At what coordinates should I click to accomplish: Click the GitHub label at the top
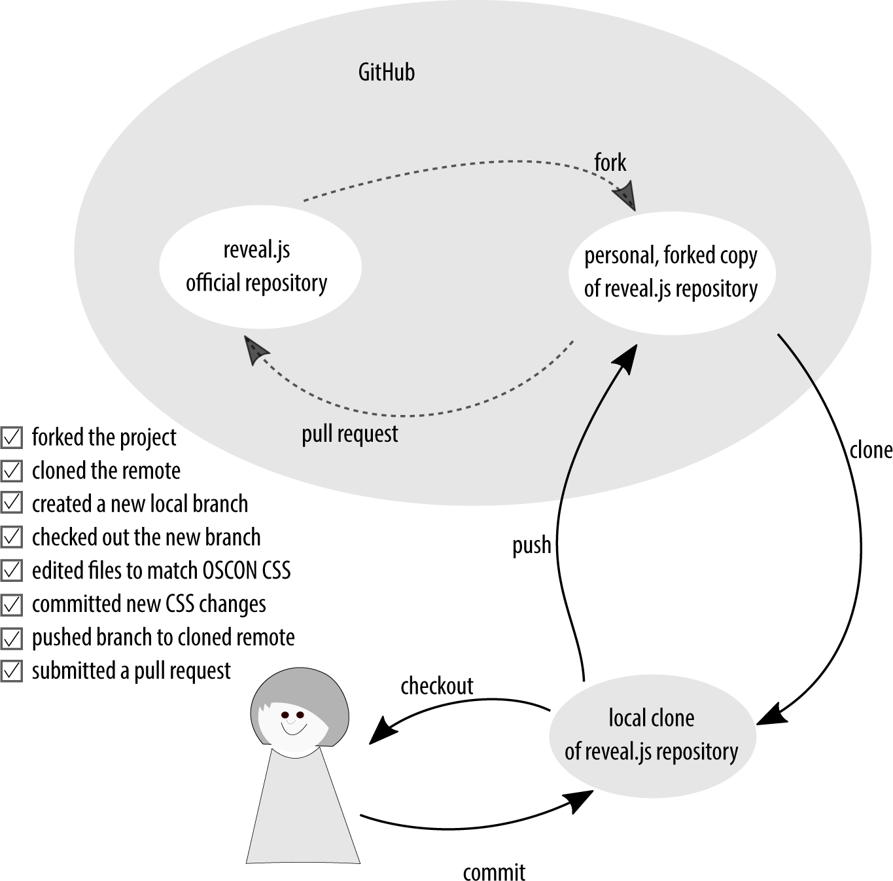coord(386,72)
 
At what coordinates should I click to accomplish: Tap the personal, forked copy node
coord(671,272)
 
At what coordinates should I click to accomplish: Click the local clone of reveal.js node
coord(652,735)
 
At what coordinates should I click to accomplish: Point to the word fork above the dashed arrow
coord(610,162)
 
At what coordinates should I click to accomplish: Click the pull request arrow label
coord(349,434)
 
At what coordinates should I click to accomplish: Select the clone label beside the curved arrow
coord(870,450)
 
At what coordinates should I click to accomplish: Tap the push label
coord(531,545)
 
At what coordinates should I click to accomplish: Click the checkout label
coord(436,686)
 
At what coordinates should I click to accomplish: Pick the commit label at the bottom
coord(494,871)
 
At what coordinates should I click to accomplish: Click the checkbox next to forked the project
coord(12,437)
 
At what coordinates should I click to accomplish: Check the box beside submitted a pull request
coord(12,671)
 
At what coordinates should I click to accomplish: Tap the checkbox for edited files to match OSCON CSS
coord(12,571)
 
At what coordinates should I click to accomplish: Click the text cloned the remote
coord(106,471)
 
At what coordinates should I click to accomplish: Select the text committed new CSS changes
coord(149,604)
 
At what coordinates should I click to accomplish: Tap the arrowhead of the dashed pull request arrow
coord(254,349)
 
